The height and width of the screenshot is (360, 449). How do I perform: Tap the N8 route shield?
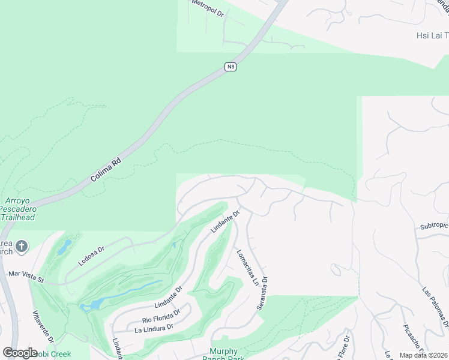[231, 67]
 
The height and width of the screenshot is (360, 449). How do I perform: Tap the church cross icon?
[22, 247]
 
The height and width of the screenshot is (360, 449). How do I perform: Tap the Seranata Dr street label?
[262, 293]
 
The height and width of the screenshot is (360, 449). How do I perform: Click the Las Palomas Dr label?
[435, 306]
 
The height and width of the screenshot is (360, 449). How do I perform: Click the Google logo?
[20, 353]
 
